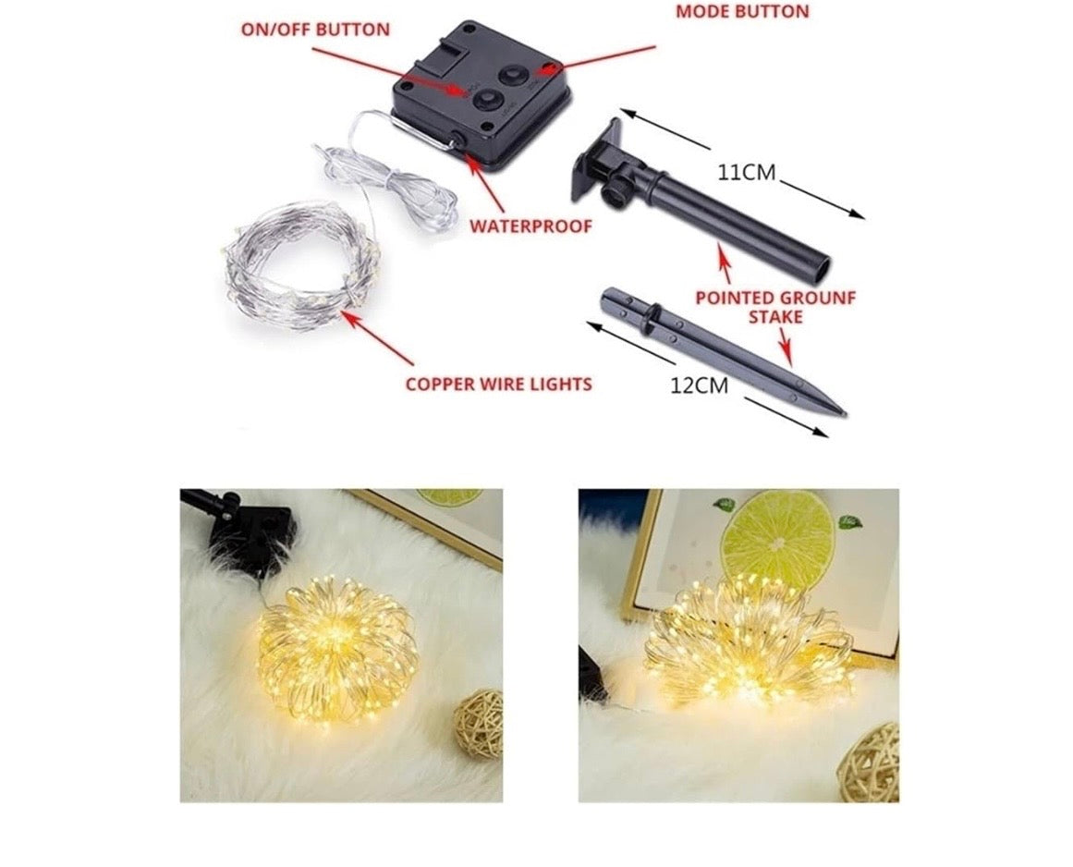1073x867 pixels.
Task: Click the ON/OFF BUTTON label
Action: click(315, 30)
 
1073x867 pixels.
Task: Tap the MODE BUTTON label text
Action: click(742, 11)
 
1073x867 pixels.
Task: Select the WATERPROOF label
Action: click(531, 226)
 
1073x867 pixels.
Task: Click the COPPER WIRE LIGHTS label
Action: click(499, 384)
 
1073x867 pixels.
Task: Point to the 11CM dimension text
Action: click(747, 173)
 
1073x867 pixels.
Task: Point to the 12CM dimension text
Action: click(700, 386)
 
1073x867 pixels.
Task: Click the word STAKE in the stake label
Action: click(775, 318)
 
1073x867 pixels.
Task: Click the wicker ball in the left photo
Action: click(479, 724)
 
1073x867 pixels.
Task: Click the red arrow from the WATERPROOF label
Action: click(486, 181)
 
